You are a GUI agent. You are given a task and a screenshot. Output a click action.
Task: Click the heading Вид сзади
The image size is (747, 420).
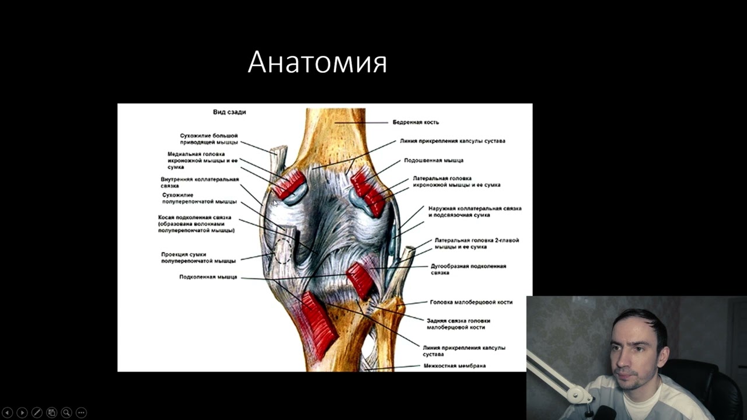229,112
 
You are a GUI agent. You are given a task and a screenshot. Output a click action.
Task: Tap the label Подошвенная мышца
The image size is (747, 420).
434,160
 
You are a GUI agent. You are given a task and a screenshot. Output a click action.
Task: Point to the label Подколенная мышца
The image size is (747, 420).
208,277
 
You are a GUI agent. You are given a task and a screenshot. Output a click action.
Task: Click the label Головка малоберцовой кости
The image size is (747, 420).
471,302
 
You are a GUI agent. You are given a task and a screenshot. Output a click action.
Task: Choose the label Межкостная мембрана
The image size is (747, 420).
455,366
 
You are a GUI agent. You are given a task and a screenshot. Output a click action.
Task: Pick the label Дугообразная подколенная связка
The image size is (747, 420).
468,269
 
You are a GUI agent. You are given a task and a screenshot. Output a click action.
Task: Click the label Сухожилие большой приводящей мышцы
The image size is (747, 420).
208,139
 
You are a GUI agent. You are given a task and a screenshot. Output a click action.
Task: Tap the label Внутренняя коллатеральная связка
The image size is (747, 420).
200,182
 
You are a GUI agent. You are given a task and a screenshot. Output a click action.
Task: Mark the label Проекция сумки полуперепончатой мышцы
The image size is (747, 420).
198,258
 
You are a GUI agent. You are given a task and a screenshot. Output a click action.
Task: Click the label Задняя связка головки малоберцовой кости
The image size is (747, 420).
458,324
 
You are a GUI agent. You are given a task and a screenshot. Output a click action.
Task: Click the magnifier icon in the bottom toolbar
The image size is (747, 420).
66,412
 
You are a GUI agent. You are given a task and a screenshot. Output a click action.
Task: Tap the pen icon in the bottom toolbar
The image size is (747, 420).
36,412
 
